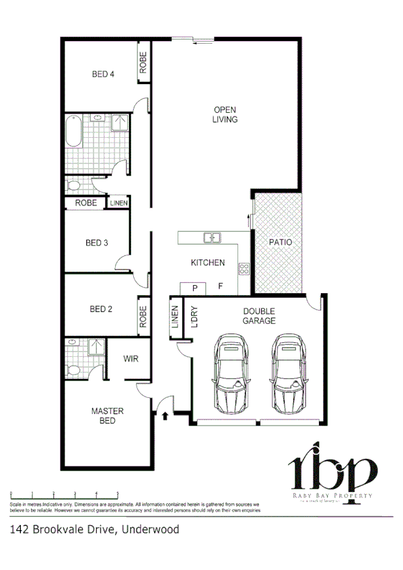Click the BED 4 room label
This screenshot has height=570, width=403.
pos(102,75)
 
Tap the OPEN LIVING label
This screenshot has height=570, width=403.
pos(225,114)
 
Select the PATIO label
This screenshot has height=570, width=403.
pos(280,242)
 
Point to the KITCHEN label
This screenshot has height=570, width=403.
pos(207,263)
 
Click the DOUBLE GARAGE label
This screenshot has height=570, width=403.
pos(259,316)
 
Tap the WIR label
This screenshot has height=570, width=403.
pos(131,359)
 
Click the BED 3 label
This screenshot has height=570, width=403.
pos(97,243)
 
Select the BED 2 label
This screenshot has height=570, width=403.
pos(100,309)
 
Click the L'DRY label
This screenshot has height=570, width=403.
pos(195,317)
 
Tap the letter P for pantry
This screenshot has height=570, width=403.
pos(194,288)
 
